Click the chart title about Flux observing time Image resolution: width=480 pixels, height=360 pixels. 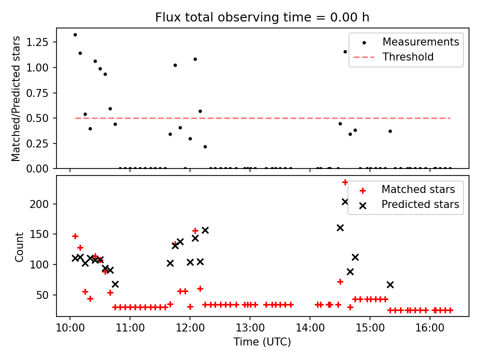[262, 17]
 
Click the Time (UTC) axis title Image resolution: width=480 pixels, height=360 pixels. [262, 342]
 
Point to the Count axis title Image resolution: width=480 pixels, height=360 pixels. [19, 246]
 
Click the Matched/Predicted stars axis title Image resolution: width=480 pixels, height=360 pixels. [16, 98]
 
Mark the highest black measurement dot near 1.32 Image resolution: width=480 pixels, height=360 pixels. [75, 34]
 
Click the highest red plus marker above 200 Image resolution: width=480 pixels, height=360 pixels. [345, 182]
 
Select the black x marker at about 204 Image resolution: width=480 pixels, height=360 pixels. [345, 201]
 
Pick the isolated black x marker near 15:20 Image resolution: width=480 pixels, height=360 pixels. [390, 284]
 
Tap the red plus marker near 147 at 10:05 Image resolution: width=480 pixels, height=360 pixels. [75, 236]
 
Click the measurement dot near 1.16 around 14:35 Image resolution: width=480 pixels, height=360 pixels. [345, 51]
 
